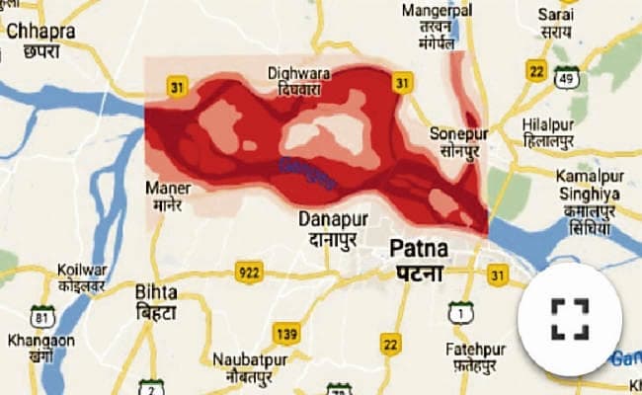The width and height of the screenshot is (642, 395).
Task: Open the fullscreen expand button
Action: tap(570, 318)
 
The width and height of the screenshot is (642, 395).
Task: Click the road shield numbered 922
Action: tap(247, 271)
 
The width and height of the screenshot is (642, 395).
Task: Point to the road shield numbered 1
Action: tap(459, 314)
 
